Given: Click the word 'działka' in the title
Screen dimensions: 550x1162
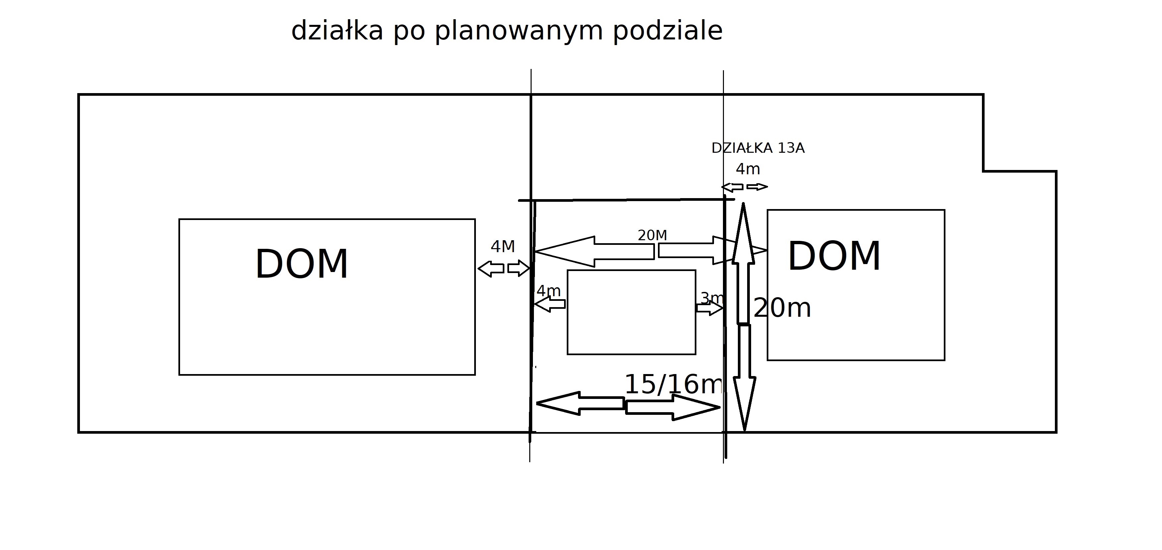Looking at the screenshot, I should coord(337,31).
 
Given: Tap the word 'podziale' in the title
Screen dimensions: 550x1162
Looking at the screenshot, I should coord(668,31).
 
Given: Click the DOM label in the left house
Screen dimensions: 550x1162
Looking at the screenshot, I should coord(302,265).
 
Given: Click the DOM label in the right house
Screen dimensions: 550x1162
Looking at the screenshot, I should coord(834,256).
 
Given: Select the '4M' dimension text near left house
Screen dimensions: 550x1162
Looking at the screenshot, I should coord(502,247).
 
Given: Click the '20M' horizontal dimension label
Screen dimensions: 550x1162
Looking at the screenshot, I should coord(652,235).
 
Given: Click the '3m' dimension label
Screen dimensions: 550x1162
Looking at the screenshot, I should coord(712,298).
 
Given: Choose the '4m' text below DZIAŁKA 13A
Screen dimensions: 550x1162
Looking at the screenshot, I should coord(748,169).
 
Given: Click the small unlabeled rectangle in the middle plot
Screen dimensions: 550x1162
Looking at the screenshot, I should coord(631,312).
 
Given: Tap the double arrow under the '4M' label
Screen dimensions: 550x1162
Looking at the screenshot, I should coord(503,268).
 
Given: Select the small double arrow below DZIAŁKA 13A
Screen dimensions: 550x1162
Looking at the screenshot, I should coord(744,187).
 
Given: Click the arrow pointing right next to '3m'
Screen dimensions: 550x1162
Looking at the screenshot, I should coord(710,308).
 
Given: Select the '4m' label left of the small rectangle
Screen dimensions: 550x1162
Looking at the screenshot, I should coord(549,291).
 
